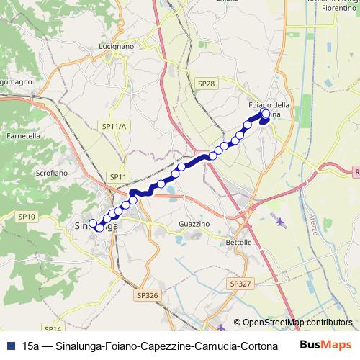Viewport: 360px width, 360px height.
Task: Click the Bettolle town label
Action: tap(238, 243)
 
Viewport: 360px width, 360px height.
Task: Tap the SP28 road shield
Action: tap(206, 84)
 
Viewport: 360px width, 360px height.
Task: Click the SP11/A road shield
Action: tap(114, 127)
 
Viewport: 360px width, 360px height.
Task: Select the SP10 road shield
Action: tap(27, 216)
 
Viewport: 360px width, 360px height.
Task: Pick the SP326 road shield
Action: tap(146, 295)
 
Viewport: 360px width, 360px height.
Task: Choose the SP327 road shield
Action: tap(242, 284)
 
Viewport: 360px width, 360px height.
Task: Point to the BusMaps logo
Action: tap(326, 343)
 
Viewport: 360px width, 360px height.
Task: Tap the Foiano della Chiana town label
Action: tap(269, 109)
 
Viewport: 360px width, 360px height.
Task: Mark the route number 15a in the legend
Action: tap(30, 344)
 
